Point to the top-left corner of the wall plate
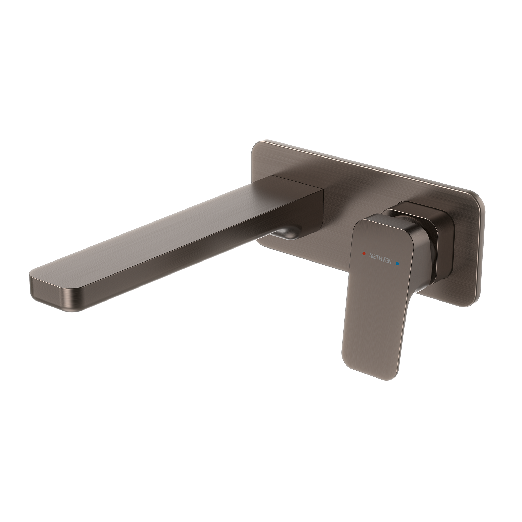click(257, 146)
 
